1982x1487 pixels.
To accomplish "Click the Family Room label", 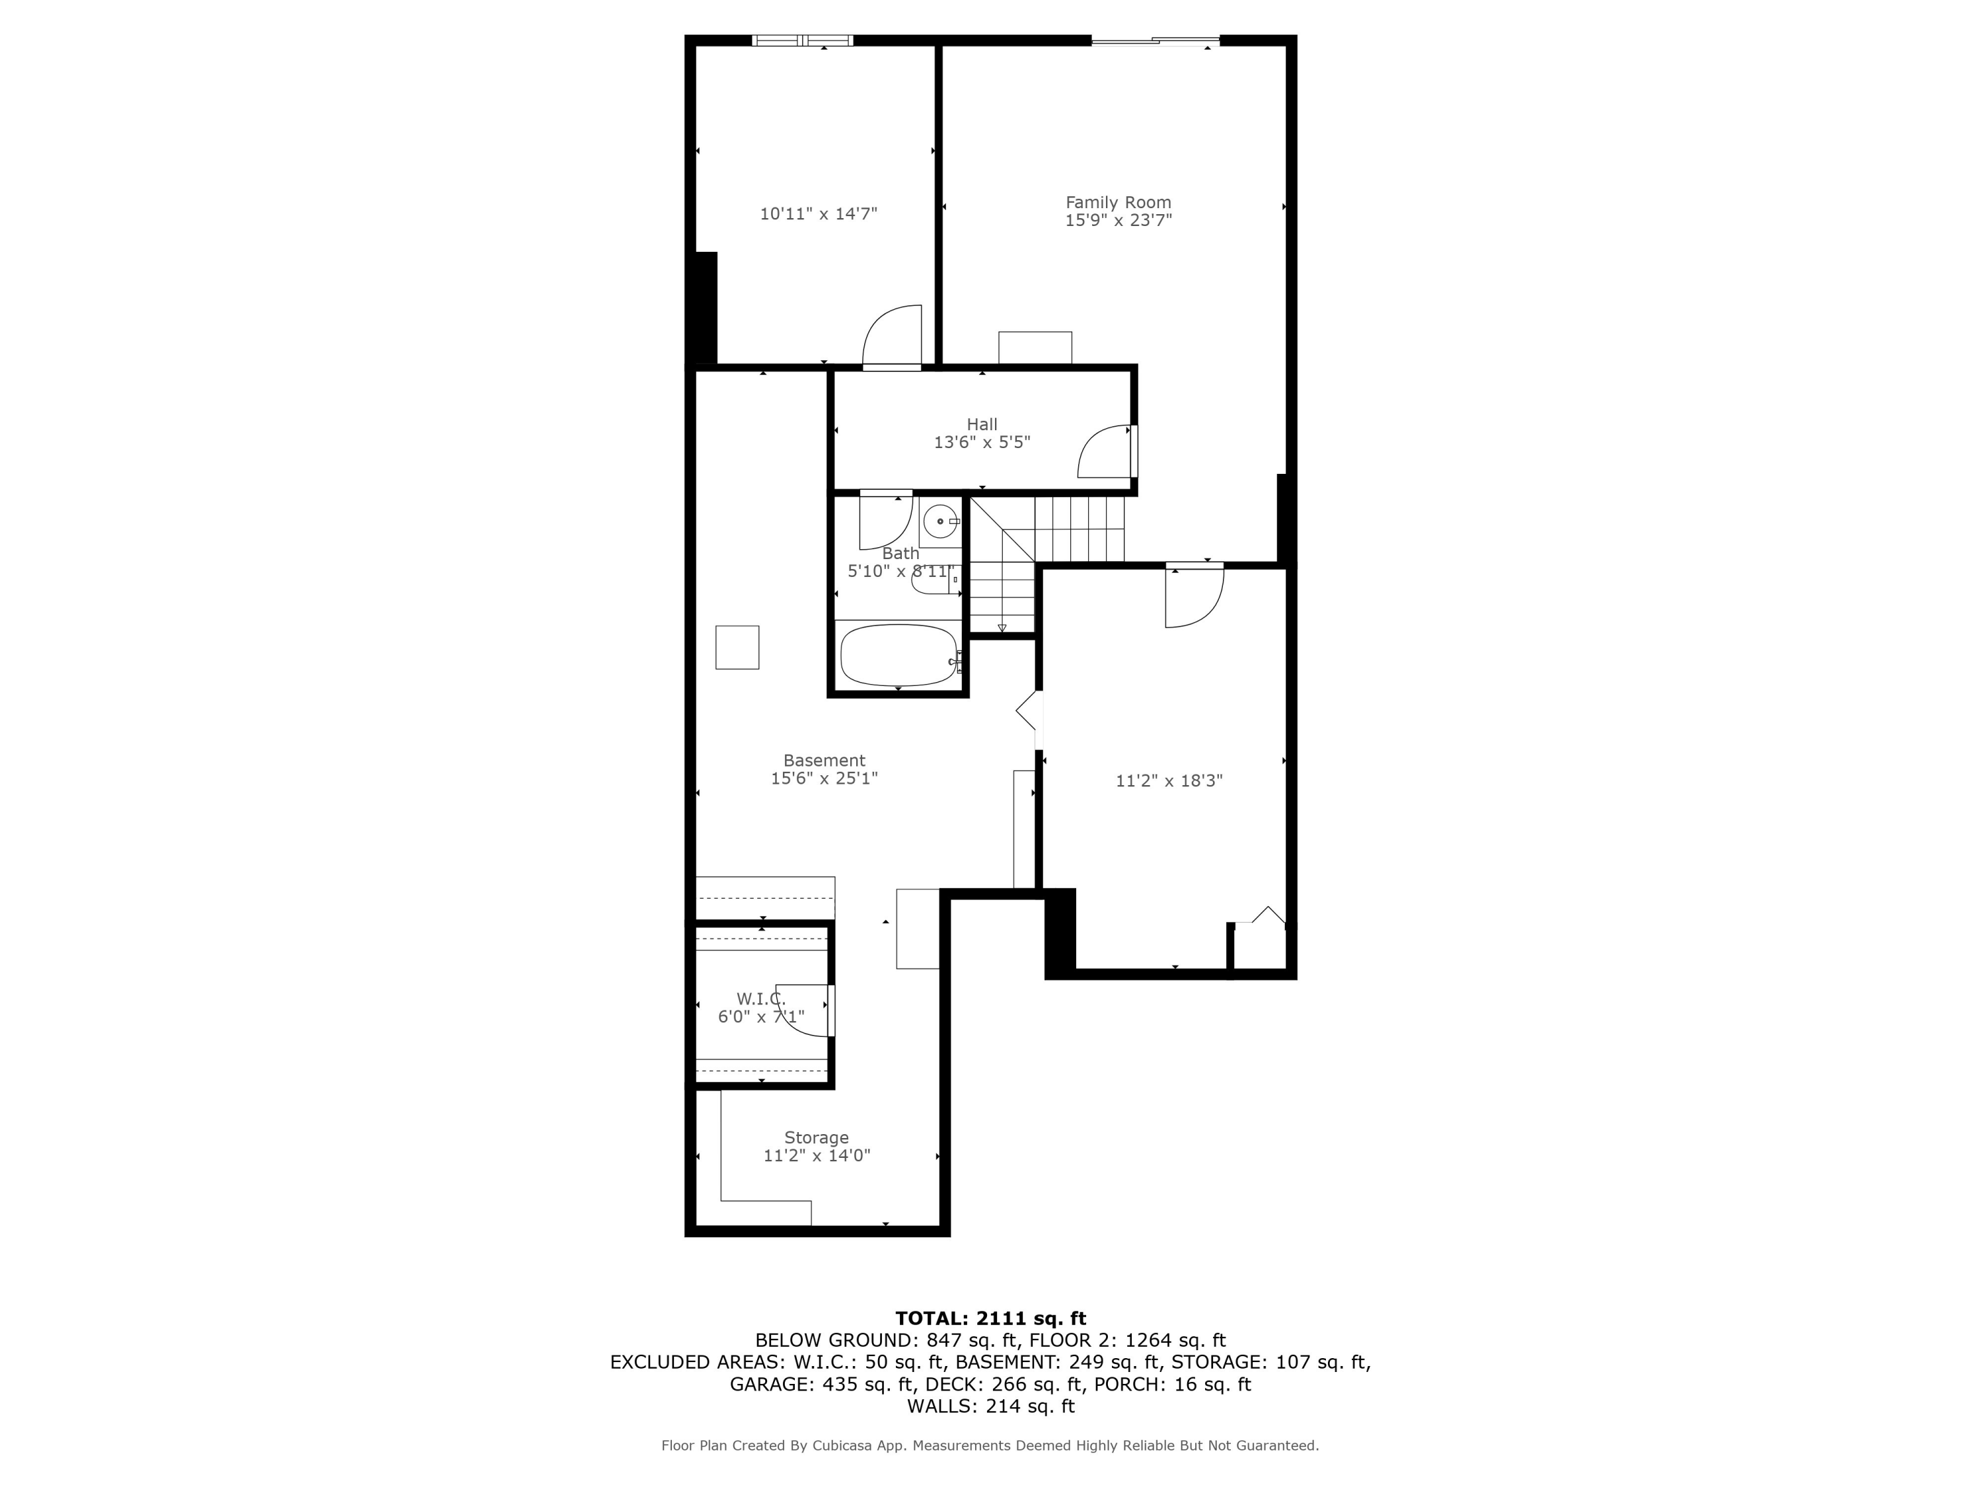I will point(1117,203).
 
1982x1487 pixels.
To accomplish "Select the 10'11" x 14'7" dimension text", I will point(818,214).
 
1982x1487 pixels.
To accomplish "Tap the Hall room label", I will point(981,424).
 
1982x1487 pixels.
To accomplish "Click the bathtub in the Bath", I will point(899,655).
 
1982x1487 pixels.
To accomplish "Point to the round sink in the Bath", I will point(939,521).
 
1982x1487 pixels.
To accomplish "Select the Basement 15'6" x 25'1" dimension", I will point(823,778).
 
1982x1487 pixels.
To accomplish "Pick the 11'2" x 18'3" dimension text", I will point(1169,781).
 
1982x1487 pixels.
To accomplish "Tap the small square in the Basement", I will point(737,647).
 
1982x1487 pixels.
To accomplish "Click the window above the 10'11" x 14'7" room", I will point(802,40).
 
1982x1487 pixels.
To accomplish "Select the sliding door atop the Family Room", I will point(1155,40).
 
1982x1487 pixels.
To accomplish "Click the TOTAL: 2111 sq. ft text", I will point(990,1318).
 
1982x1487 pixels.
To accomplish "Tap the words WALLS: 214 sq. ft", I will point(990,1406).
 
